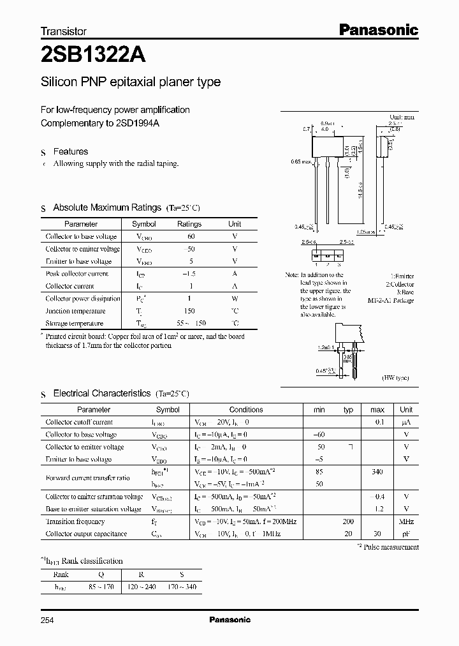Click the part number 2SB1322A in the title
point(93,55)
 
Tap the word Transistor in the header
point(64,31)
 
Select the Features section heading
point(70,151)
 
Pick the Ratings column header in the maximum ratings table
point(189,224)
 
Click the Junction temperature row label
point(75,311)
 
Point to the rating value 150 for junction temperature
point(189,311)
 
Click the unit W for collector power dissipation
point(235,298)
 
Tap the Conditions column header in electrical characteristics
point(246,409)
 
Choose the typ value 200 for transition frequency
point(348,522)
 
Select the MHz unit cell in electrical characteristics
point(406,522)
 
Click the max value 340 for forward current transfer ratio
point(377,472)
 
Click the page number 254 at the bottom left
point(49,619)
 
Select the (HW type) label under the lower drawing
point(396,378)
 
